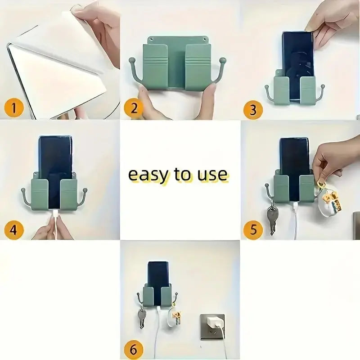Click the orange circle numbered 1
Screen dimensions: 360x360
(14, 108)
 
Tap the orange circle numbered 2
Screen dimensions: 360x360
(134, 108)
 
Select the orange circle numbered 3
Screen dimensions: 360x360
(253, 110)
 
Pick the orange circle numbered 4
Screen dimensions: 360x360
(14, 229)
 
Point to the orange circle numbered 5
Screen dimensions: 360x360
(253, 229)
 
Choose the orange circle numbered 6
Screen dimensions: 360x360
(134, 350)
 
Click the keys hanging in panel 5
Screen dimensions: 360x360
(272, 218)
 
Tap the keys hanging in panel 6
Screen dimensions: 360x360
(141, 318)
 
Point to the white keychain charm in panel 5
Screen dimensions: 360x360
(329, 202)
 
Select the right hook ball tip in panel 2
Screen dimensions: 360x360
(223, 61)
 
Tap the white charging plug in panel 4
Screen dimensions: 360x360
(55, 214)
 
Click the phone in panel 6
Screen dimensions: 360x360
(157, 283)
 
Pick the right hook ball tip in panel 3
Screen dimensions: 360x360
(323, 86)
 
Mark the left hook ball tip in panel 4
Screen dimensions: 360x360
(23, 190)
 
